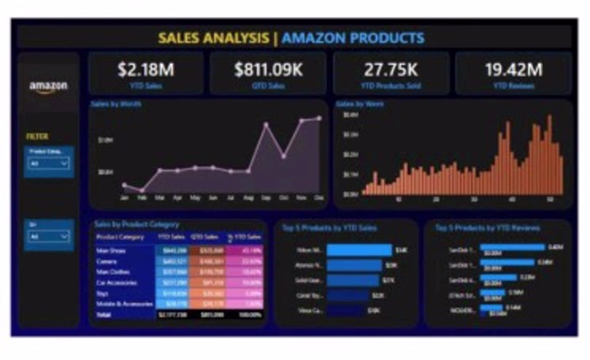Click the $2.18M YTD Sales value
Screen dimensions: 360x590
144,69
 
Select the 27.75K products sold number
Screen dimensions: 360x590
391,69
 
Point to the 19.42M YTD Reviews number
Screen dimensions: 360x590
512,69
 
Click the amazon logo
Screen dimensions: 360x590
48,87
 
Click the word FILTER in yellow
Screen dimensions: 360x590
36,135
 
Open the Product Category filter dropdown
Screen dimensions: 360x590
48,164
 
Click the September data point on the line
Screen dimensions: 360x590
266,125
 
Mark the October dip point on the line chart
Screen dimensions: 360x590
284,156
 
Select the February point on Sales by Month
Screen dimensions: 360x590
142,191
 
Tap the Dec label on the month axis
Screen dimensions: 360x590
319,199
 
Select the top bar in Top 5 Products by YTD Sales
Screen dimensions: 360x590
359,250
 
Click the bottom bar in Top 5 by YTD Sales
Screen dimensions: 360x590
346,310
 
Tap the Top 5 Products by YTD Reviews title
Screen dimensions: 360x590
487,228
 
